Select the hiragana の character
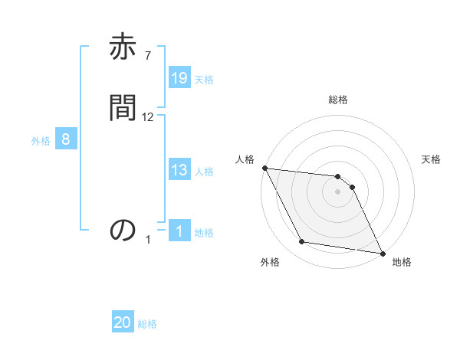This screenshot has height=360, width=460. pos(123,230)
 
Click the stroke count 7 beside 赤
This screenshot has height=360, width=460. pos(147,55)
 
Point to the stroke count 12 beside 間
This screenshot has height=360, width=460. pos(148,117)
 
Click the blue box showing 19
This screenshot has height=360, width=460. pos(179,77)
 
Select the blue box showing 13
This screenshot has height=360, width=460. pos(179,170)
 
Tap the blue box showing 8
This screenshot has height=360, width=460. pos(66,139)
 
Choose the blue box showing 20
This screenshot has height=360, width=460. pos(123,323)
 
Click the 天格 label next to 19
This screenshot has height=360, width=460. pos(204,79)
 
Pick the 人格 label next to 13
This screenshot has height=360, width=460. pos(204,172)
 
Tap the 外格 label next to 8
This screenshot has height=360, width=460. pos(41,141)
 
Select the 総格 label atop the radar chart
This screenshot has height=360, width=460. pos(338,100)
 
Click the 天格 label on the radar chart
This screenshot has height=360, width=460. pos(432,159)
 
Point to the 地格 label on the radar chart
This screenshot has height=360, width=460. pos(402,263)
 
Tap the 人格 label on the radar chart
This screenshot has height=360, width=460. pos(245,159)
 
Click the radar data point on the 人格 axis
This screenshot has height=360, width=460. pos(264,168)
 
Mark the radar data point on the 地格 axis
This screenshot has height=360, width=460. pos(382,253)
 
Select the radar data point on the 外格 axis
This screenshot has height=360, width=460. pos(302,242)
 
